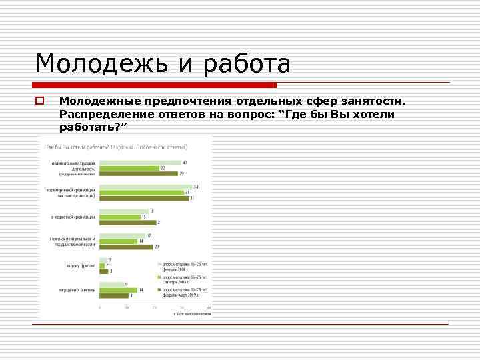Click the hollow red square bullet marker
tap(40, 101)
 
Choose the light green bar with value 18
tap(123, 211)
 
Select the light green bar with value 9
tap(111, 285)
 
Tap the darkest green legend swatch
tap(159, 290)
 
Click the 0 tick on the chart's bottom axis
tap(99, 307)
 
